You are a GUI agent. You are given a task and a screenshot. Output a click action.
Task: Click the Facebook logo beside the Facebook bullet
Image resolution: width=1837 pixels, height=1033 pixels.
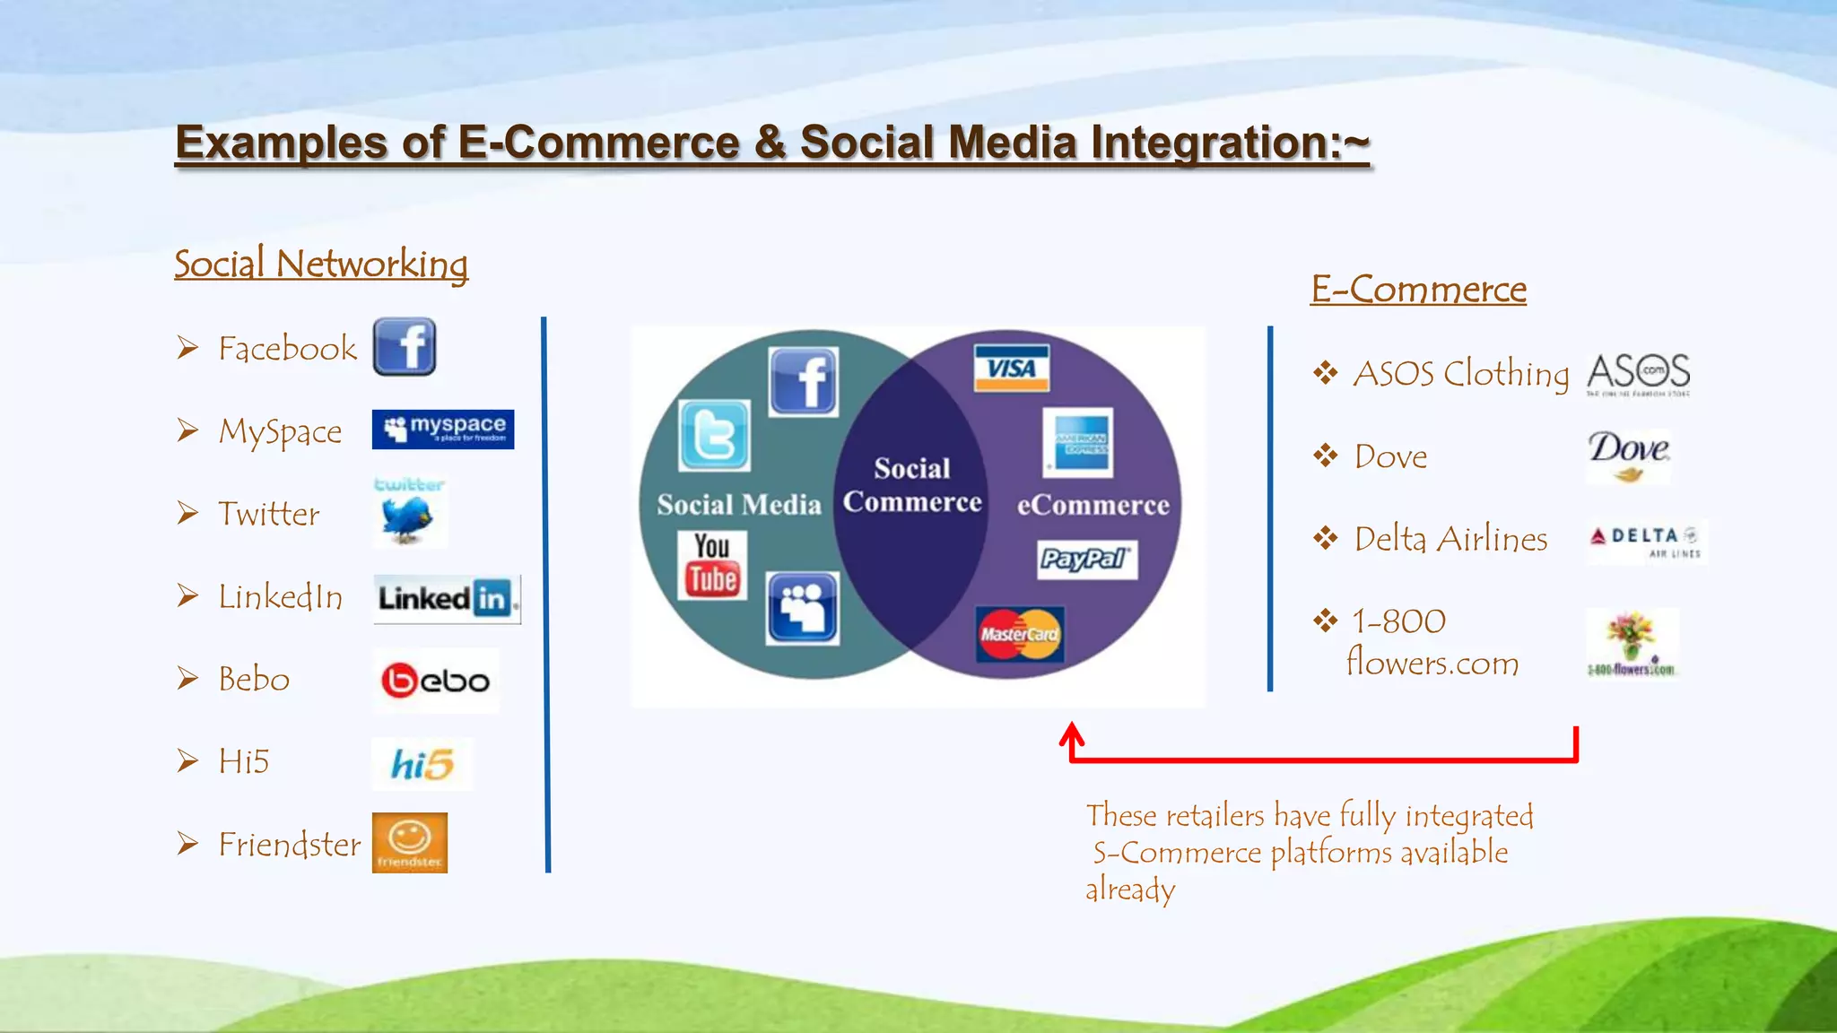point(405,346)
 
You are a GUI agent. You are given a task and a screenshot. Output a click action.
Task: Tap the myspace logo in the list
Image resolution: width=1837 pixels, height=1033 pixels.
point(443,430)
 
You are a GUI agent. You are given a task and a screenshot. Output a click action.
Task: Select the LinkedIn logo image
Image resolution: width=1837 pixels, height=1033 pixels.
point(446,598)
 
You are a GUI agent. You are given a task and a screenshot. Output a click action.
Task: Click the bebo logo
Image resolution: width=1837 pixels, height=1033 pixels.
point(436,681)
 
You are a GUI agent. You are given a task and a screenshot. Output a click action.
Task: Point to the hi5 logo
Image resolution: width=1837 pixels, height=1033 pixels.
point(422,764)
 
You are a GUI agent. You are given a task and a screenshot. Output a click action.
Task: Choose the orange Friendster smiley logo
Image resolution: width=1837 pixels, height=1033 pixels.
point(410,842)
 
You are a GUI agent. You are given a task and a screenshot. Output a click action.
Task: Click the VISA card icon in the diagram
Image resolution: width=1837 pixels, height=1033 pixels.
point(1012,368)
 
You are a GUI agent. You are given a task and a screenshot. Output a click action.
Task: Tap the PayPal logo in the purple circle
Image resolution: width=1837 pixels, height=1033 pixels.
point(1086,559)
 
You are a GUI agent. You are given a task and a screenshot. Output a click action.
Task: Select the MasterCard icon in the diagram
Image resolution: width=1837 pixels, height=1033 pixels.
point(1020,634)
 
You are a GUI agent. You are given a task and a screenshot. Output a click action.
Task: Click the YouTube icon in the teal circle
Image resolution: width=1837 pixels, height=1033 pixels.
point(712,564)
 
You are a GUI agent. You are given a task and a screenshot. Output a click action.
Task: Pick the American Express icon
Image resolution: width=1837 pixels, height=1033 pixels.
point(1079,443)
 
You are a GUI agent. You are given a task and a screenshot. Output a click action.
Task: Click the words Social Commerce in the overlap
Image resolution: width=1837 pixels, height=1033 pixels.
point(911,485)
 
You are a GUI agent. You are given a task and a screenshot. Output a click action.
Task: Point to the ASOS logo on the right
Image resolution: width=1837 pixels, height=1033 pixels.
point(1638,374)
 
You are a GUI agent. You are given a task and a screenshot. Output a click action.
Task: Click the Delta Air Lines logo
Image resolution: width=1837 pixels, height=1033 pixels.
point(1646,541)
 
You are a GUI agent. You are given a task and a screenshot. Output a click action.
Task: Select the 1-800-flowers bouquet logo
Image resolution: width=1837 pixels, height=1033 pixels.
point(1631,643)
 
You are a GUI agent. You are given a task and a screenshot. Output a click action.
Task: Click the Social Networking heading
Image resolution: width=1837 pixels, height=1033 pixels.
point(321,264)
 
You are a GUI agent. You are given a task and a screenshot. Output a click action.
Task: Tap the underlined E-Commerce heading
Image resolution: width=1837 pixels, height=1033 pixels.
point(1418,289)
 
